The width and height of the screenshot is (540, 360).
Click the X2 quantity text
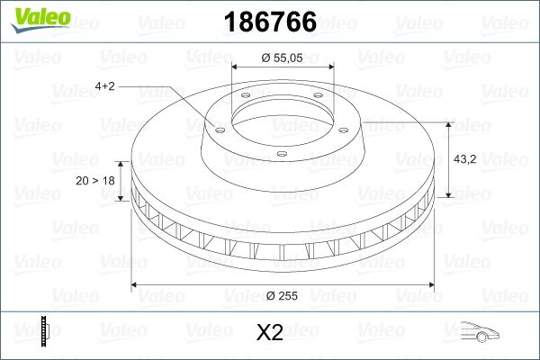pos(270,334)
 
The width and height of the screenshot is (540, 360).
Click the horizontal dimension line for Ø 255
pos(198,285)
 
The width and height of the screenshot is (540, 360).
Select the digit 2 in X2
pos(278,334)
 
